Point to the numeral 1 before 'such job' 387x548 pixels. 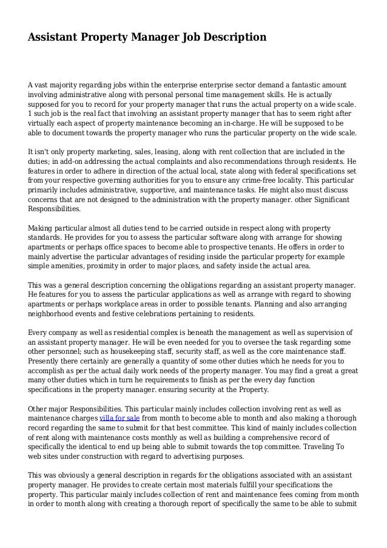[30, 115]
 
